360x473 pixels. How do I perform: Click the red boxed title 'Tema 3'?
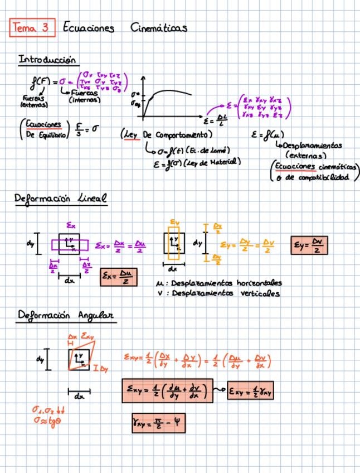tap(32, 28)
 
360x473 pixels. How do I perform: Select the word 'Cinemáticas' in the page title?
tap(159, 28)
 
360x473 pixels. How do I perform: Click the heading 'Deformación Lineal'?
tap(61, 199)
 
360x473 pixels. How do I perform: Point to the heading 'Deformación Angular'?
tap(66, 316)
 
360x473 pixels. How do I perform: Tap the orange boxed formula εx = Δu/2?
tap(118, 277)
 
